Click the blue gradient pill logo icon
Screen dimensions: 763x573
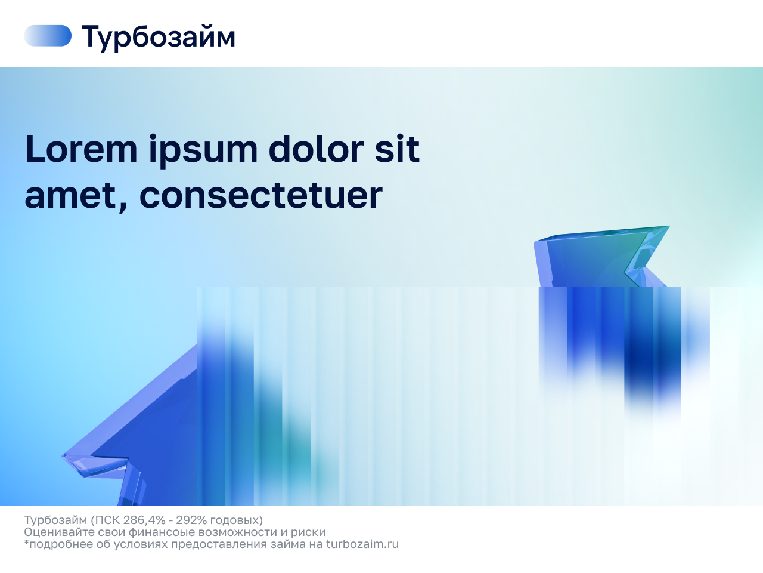pyautogui.click(x=48, y=35)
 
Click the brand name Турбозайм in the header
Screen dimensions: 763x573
pyautogui.click(x=159, y=37)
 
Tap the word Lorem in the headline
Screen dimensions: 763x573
pyautogui.click(x=81, y=149)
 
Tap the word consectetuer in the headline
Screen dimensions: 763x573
pyautogui.click(x=261, y=196)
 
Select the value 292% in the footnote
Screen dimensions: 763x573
pyautogui.click(x=191, y=520)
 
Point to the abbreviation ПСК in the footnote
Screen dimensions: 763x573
pyautogui.click(x=105, y=520)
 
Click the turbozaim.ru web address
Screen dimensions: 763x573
pyautogui.click(x=362, y=544)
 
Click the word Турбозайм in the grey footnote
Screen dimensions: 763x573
pyautogui.click(x=55, y=520)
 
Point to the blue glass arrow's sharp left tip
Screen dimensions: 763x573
pyautogui.click(x=63, y=455)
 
